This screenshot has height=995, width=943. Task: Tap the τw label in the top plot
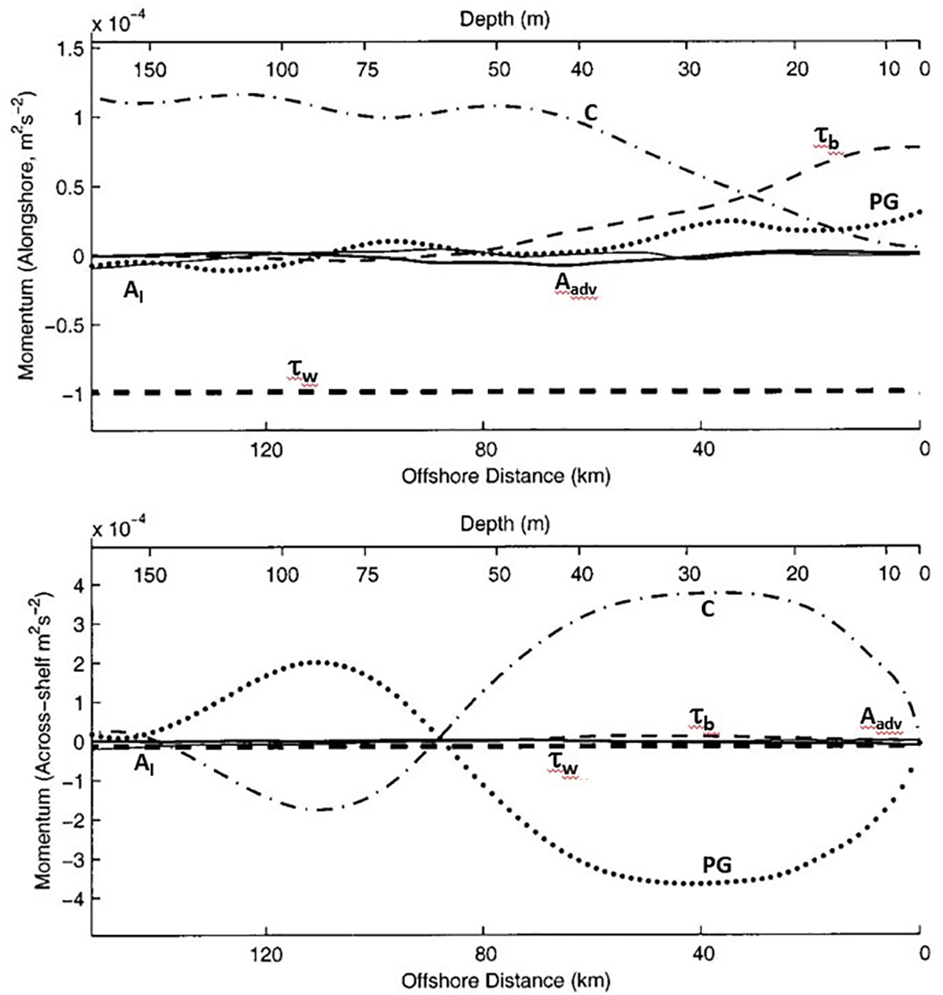coord(303,375)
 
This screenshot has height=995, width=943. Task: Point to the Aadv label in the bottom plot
coord(880,718)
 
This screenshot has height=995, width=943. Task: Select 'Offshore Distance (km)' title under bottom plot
coord(507,981)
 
